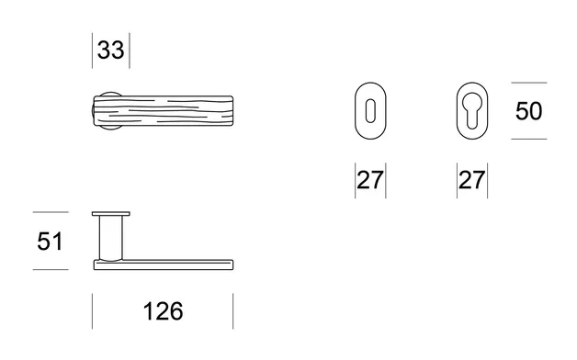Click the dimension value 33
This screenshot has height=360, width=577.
111,50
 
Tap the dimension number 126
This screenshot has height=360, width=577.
163,311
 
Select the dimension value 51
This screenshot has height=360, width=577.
50,242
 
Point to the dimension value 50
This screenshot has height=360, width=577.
529,111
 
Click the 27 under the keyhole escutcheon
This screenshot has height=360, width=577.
370,180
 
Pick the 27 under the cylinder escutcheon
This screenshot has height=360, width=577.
472,180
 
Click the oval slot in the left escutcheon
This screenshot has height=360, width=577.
370,111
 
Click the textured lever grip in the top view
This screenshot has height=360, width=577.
163,111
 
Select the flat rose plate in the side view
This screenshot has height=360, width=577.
111,214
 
